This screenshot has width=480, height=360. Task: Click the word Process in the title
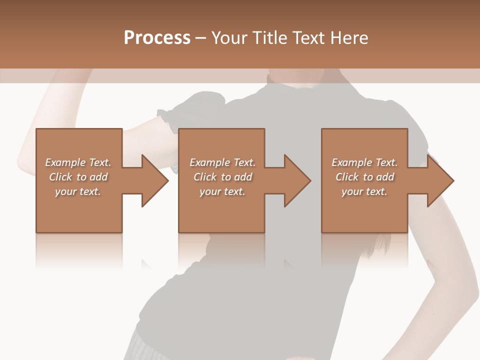[x=157, y=38]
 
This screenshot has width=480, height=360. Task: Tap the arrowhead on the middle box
[x=297, y=180]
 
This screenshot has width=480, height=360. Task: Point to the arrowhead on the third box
[x=440, y=180]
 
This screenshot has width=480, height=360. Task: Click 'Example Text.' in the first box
[x=78, y=162]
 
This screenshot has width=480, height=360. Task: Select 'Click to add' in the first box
[x=78, y=177]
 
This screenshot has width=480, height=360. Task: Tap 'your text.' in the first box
[x=78, y=191]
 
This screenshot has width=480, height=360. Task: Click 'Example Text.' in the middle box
[x=222, y=162]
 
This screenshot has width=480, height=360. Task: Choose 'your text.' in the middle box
[x=222, y=191]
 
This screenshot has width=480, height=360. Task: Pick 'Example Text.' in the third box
[x=364, y=162]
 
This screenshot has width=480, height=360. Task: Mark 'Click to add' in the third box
[x=365, y=177]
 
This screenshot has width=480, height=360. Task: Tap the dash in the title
[x=201, y=38]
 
